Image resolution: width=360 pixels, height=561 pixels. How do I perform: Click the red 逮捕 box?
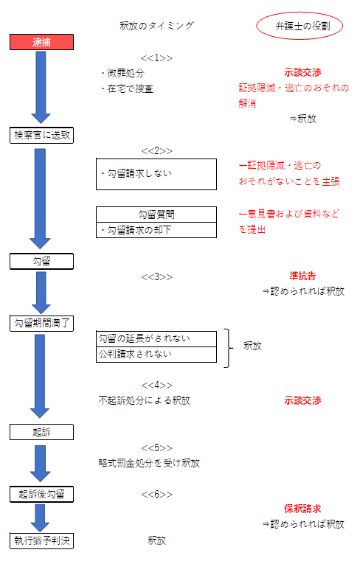pos(41,42)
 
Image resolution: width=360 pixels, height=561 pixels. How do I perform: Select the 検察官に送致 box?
pos(41,135)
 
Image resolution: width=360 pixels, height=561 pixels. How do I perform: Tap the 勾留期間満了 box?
pos(41,324)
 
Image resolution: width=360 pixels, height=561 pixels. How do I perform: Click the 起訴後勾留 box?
pos(41,494)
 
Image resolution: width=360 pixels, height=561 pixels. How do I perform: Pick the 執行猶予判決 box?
pos(41,540)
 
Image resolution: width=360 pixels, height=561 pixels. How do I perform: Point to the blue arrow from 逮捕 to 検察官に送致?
pos(41,87)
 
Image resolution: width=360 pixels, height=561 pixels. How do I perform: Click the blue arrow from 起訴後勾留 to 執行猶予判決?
pos(40,518)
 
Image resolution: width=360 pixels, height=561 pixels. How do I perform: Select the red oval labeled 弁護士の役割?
pos(300,26)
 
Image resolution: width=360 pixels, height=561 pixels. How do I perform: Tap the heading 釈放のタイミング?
pos(156,26)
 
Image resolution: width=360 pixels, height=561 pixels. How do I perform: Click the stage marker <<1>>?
pos(156,58)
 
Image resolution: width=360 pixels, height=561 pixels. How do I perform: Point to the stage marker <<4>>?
pos(156,386)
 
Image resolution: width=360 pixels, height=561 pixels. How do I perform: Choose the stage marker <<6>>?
pos(156,495)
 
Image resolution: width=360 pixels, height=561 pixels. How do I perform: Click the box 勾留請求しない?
pos(156,174)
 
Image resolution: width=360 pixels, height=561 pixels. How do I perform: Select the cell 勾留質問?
pos(156,215)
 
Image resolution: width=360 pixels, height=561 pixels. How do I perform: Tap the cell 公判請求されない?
pos(156,355)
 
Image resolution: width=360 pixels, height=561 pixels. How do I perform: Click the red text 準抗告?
pos(302,276)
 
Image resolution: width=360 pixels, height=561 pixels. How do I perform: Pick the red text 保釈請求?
pos(302,509)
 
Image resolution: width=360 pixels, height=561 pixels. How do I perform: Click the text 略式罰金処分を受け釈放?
pos(149,463)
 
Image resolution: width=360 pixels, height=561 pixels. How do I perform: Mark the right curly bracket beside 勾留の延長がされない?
pos(229,348)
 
